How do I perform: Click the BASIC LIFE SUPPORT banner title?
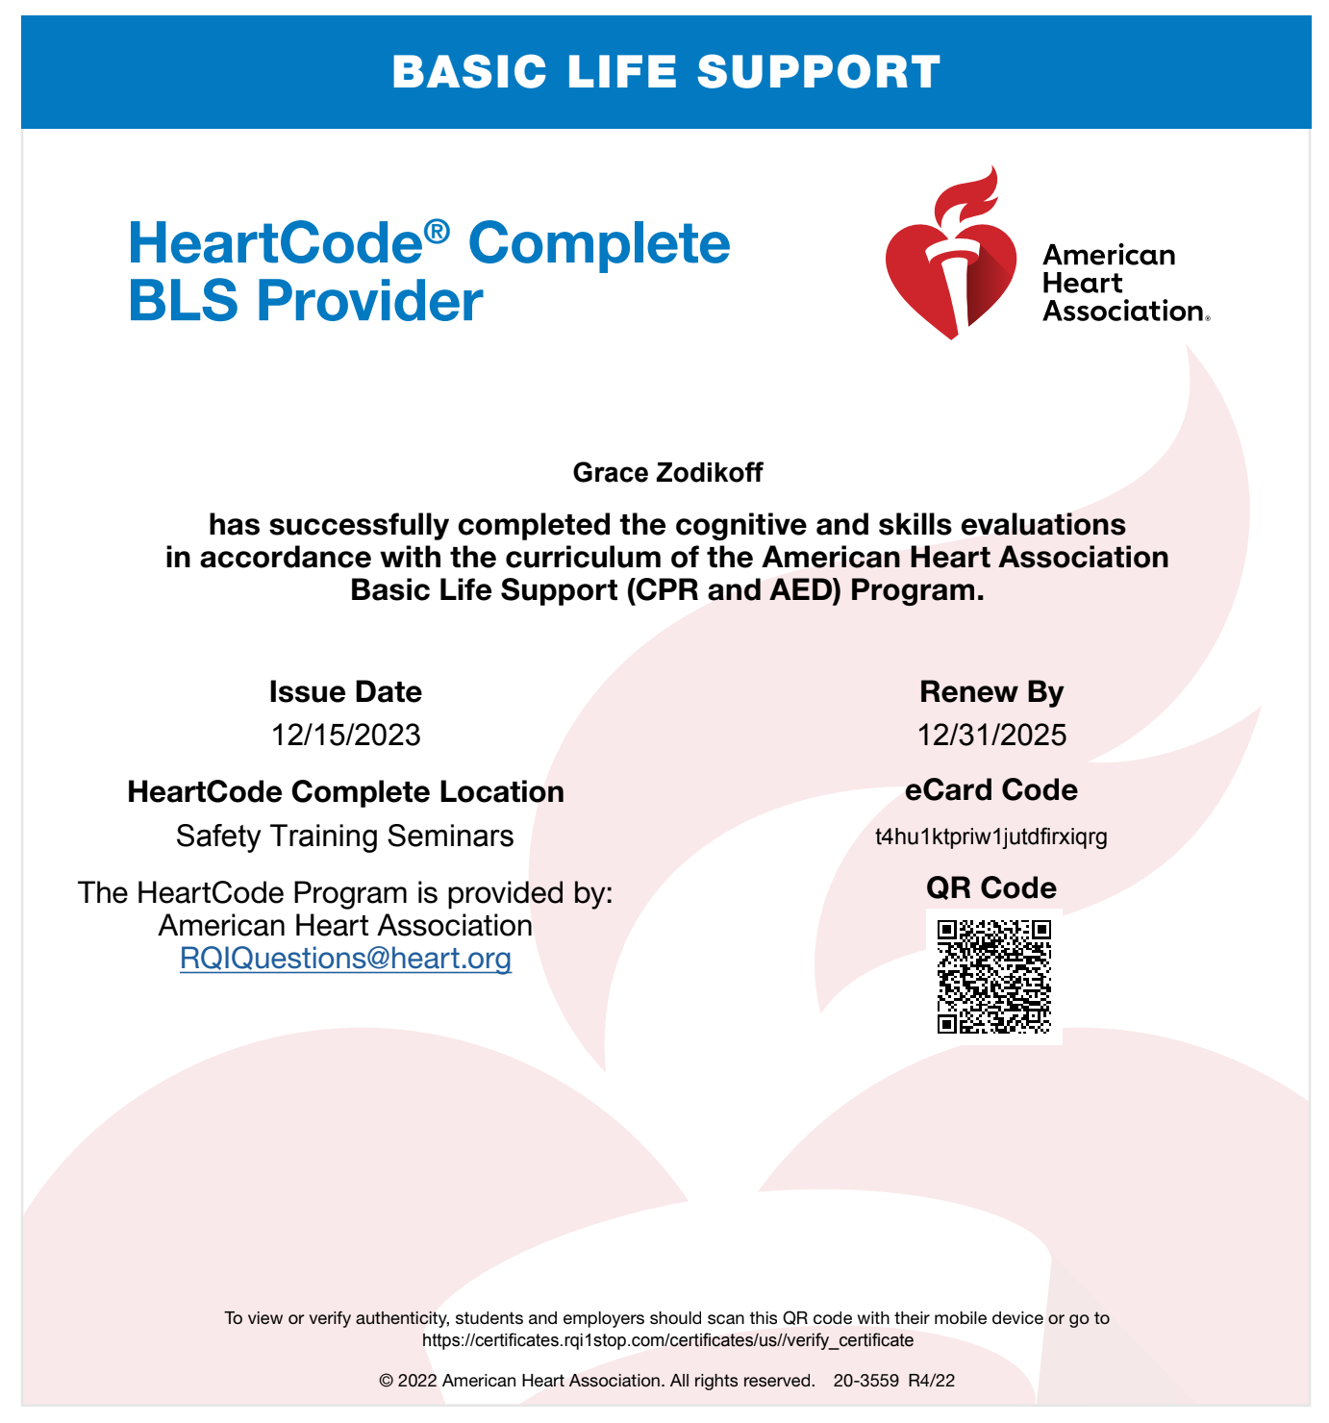pyautogui.click(x=665, y=72)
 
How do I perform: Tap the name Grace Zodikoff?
pyautogui.click(x=667, y=472)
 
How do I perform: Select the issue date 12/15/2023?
pyautogui.click(x=345, y=735)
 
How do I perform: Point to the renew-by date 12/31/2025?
pyautogui.click(x=991, y=735)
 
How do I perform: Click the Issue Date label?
pyautogui.click(x=345, y=691)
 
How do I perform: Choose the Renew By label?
pyautogui.click(x=991, y=691)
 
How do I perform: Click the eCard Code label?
pyautogui.click(x=991, y=789)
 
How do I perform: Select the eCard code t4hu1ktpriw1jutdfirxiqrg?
pyautogui.click(x=991, y=836)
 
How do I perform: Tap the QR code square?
pyautogui.click(x=994, y=977)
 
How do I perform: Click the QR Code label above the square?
pyautogui.click(x=991, y=886)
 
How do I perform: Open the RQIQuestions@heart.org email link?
pyautogui.click(x=345, y=959)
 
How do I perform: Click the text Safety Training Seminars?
pyautogui.click(x=345, y=836)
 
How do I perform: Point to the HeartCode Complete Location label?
pyautogui.click(x=345, y=791)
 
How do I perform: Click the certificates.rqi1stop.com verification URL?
pyautogui.click(x=667, y=1340)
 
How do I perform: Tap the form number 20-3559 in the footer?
pyautogui.click(x=865, y=1381)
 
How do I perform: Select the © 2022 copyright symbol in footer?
pyautogui.click(x=387, y=1382)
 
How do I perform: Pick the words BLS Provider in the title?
pyautogui.click(x=305, y=301)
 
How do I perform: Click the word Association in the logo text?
pyautogui.click(x=1123, y=312)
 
